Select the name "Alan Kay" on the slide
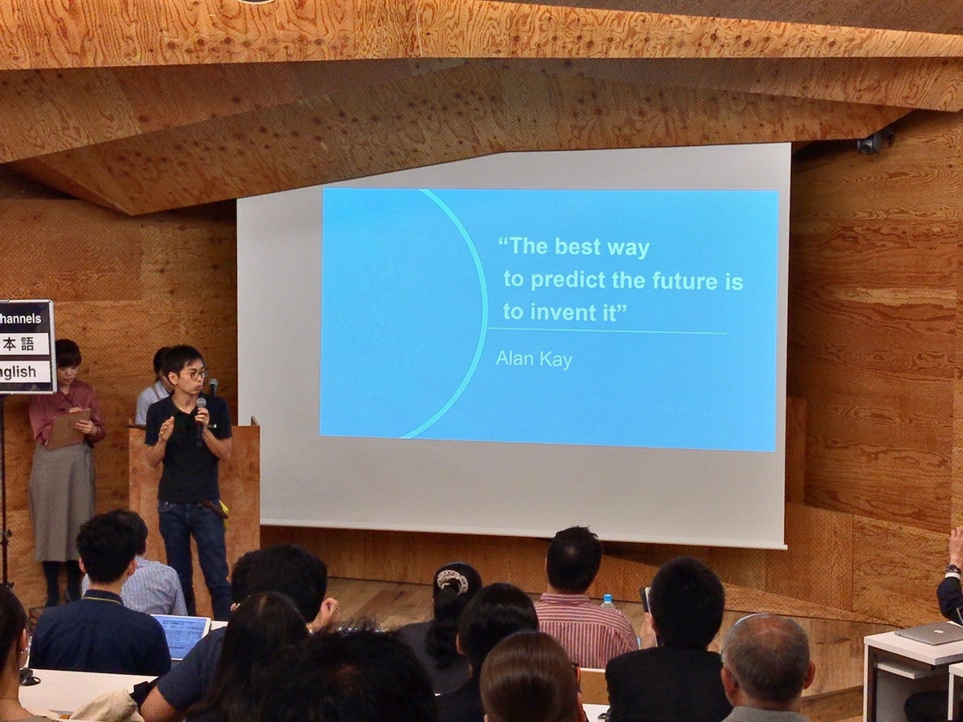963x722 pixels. pyautogui.click(x=534, y=359)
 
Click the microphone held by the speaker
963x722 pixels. pyautogui.click(x=201, y=417)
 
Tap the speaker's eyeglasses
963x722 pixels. pyautogui.click(x=193, y=374)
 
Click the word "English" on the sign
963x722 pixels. pyautogui.click(x=19, y=371)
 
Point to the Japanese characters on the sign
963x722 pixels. pyautogui.click(x=19, y=345)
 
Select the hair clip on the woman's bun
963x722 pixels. pyautogui.click(x=452, y=581)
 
